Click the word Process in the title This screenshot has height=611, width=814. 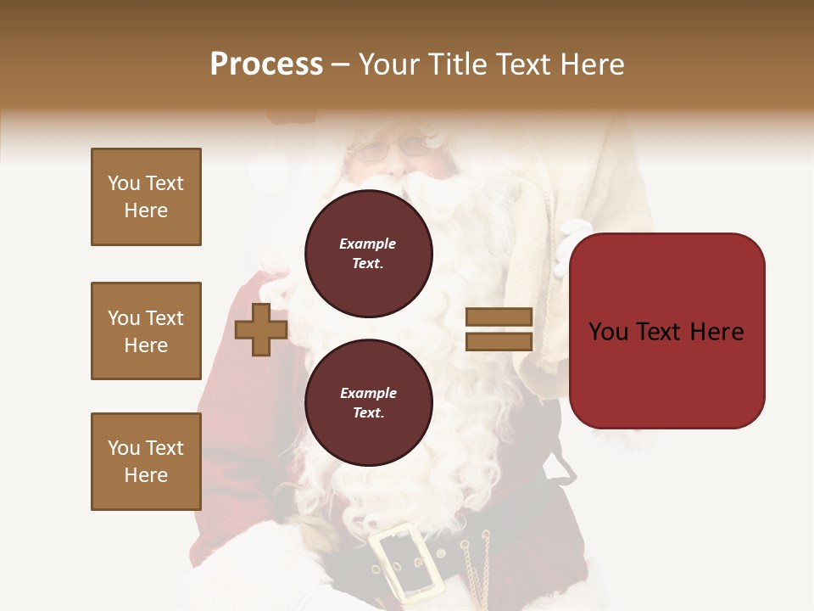[266, 64]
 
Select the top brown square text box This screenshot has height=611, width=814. [146, 197]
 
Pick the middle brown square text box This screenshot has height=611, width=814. [146, 331]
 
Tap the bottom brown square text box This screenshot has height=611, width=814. [146, 462]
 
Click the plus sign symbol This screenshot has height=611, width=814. [260, 329]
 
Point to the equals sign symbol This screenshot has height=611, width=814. [499, 329]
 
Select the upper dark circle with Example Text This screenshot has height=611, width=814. [369, 254]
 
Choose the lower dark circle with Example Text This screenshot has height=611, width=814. [369, 403]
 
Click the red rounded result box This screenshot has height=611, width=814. [666, 331]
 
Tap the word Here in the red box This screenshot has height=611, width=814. [716, 332]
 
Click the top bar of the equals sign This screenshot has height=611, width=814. [499, 317]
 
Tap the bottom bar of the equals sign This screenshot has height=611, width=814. [499, 341]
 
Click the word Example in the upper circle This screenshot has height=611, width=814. [367, 244]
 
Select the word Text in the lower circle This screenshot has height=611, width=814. [367, 413]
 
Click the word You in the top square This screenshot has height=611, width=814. [124, 183]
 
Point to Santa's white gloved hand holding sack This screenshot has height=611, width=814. [571, 246]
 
